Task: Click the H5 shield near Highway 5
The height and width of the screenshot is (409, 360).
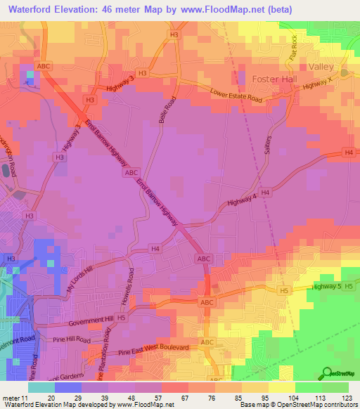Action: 283,290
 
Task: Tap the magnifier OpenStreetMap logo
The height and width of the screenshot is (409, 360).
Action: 328,372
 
